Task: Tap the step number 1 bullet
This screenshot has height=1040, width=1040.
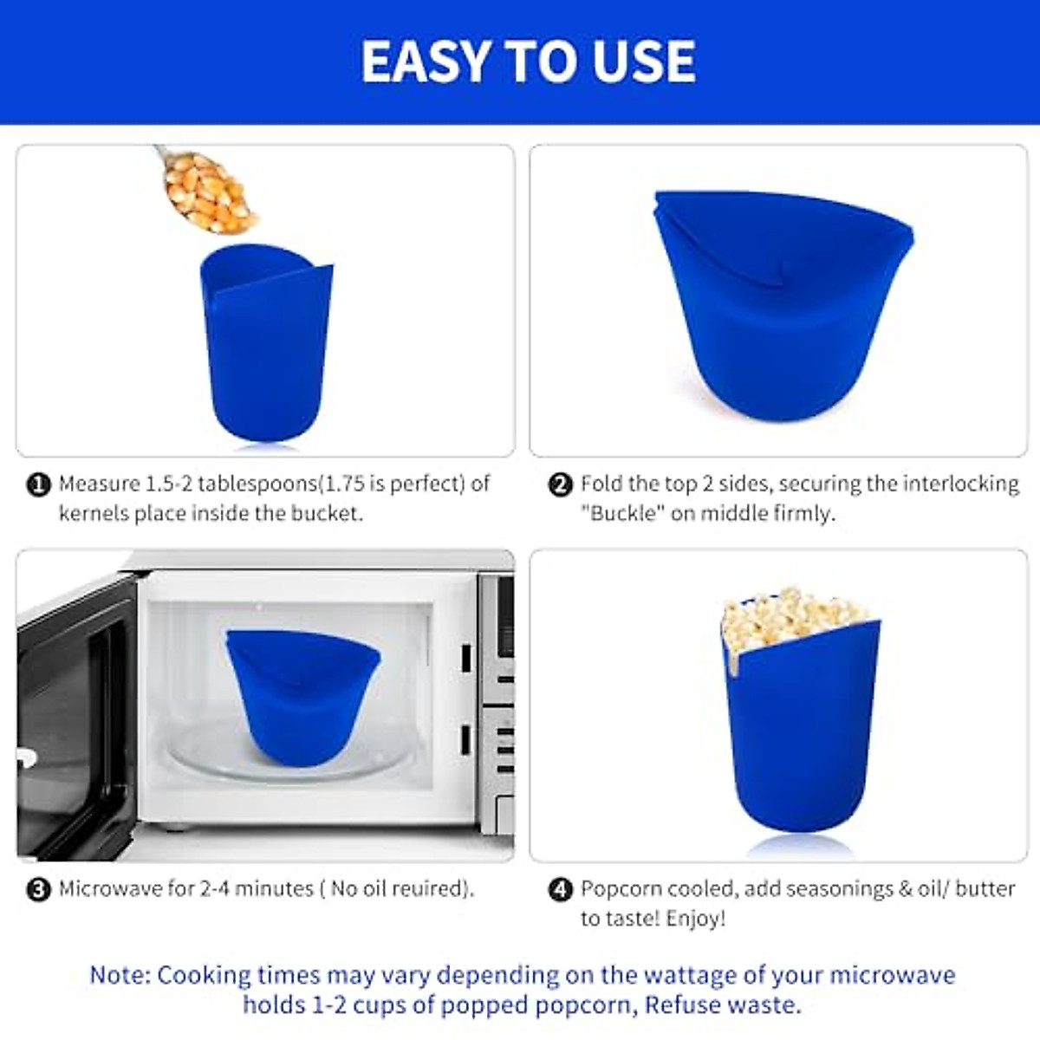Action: pos(39,484)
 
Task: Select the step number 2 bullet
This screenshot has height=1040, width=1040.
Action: pos(561,484)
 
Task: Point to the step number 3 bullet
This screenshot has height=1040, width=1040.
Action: pos(39,889)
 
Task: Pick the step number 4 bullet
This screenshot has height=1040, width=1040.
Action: pos(561,889)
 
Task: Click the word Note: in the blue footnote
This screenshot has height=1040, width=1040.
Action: pos(120,975)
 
